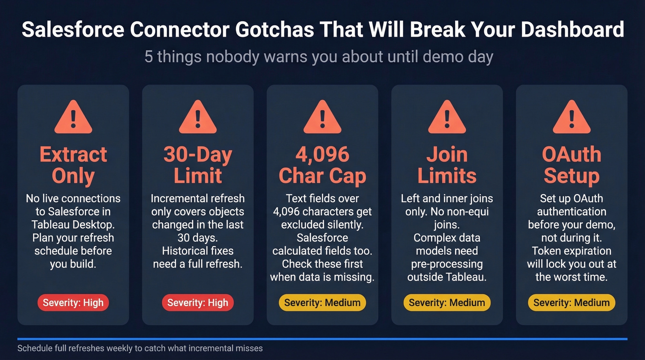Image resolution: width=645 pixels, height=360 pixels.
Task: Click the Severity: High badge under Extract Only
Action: (x=73, y=303)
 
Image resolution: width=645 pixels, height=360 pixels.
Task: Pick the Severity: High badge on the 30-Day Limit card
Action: (x=198, y=303)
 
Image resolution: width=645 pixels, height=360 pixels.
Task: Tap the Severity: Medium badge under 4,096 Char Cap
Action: (x=322, y=303)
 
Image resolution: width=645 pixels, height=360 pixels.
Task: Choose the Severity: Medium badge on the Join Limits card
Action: (x=447, y=303)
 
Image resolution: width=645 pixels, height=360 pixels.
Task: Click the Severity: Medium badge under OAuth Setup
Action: (x=571, y=303)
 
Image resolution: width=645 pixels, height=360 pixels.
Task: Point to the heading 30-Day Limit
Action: (x=198, y=165)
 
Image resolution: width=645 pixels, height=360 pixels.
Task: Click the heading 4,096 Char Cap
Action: (x=322, y=165)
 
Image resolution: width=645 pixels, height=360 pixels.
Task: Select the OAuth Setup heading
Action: (x=571, y=165)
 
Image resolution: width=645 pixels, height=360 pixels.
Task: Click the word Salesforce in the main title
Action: (x=72, y=30)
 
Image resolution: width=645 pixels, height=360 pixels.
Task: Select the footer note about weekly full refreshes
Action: (x=140, y=348)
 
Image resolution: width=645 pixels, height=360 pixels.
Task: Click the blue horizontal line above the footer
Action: (x=322, y=339)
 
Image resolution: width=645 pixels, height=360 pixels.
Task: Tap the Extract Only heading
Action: (x=73, y=165)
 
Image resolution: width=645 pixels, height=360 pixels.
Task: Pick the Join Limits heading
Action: (x=447, y=165)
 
